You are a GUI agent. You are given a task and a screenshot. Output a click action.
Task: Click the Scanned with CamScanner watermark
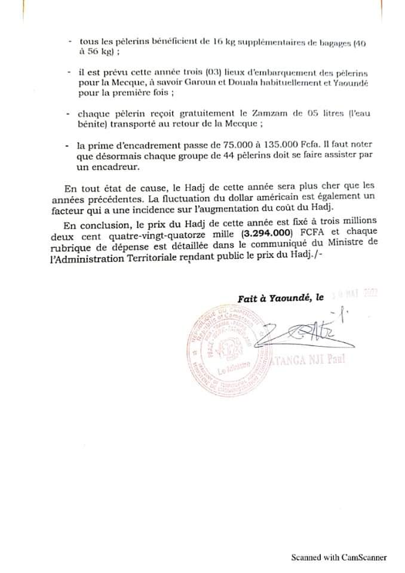coord(339,557)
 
